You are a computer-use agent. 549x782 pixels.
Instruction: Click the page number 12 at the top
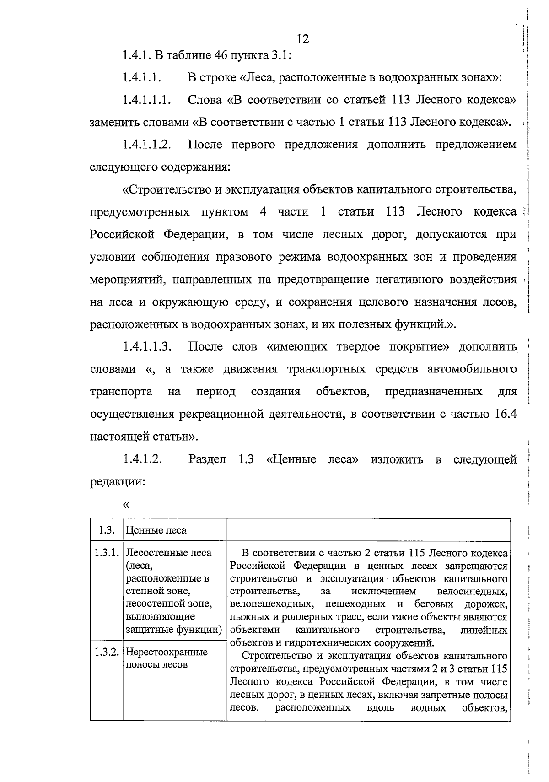click(x=303, y=39)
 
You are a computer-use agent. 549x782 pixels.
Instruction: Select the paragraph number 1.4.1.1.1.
click(x=147, y=100)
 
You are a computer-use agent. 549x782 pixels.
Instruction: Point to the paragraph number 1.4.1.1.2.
click(x=147, y=145)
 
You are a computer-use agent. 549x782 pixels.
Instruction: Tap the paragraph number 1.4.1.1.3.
click(x=147, y=346)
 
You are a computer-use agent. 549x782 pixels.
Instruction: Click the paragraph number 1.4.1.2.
click(x=142, y=459)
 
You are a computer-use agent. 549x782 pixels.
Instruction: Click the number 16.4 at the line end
click(x=506, y=414)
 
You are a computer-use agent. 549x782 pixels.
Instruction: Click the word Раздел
click(x=207, y=459)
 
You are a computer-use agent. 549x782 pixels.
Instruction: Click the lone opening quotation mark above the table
click(x=126, y=505)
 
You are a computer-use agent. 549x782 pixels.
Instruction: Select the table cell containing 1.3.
click(x=106, y=530)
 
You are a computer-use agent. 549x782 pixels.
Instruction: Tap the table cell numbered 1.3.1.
click(x=107, y=553)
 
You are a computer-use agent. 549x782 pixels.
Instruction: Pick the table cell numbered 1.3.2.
click(x=107, y=652)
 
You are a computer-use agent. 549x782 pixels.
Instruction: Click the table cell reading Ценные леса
click(x=156, y=530)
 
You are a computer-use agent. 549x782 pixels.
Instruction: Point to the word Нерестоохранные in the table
click(x=167, y=652)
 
